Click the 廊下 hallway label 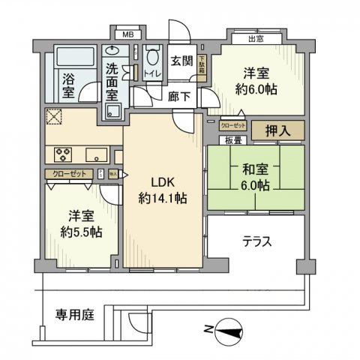point(179,97)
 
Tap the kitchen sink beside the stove point(96,155)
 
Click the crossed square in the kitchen point(55,118)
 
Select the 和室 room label point(254,169)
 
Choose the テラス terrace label point(256,241)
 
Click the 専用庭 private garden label point(75,315)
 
